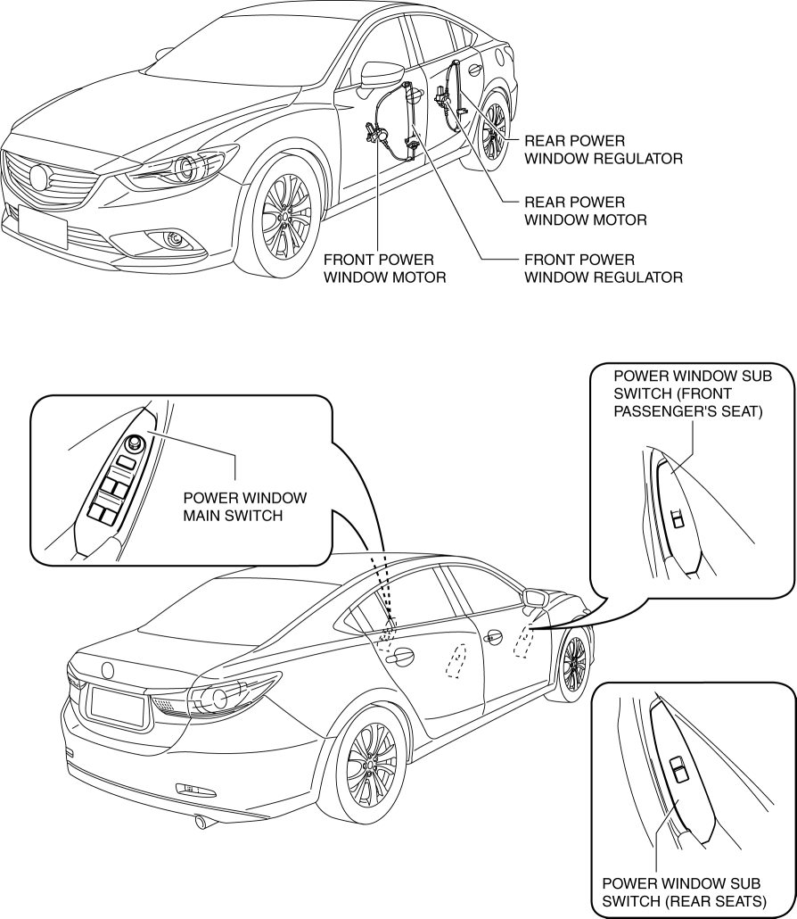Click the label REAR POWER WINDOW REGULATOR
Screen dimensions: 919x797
603,150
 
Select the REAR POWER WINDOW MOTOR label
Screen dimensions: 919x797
585,211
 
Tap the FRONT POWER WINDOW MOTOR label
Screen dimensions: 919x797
383,268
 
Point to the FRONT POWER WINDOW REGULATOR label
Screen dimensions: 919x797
603,268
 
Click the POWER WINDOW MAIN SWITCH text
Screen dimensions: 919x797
244,505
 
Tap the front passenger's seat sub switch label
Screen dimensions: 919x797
693,397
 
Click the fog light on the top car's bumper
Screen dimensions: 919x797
175,238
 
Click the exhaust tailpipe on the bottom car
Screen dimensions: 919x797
202,822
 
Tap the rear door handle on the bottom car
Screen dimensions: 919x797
399,657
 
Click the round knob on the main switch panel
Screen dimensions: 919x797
136,443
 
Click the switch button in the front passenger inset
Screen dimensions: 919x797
678,517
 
